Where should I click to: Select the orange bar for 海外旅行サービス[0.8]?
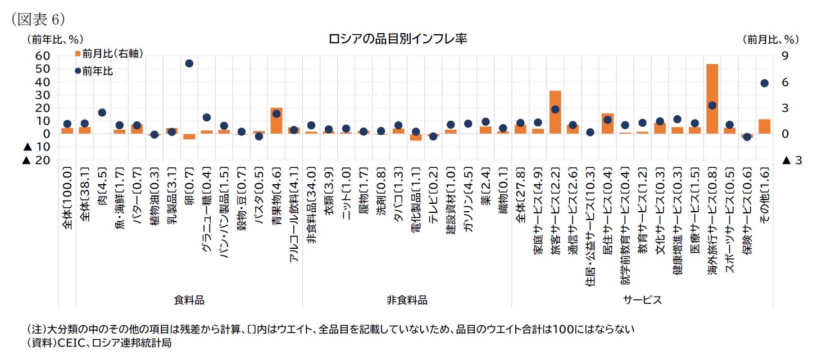pyautogui.click(x=712, y=99)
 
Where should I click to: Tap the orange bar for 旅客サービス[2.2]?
pyautogui.click(x=555, y=112)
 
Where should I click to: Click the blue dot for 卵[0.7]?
pyautogui.click(x=189, y=63)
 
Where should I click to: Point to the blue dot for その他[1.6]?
pyautogui.click(x=764, y=83)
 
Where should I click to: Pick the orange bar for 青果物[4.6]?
pyautogui.click(x=276, y=121)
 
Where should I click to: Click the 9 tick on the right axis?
pyautogui.click(x=784, y=56)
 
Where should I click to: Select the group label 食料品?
pyautogui.click(x=189, y=300)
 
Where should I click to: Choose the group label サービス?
pyautogui.click(x=642, y=300)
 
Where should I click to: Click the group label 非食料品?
pyautogui.click(x=407, y=300)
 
